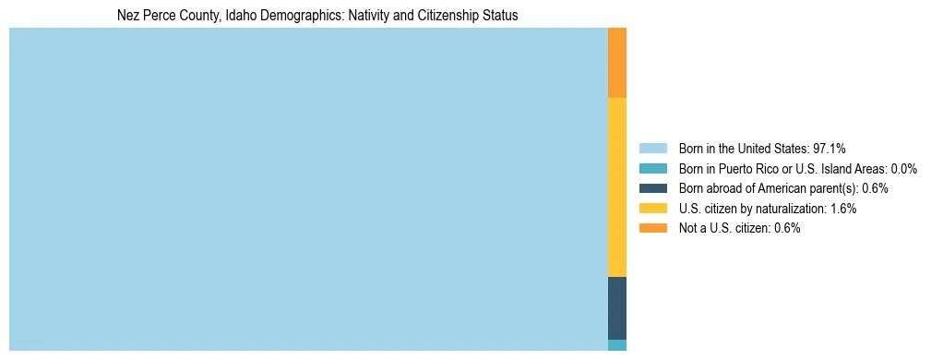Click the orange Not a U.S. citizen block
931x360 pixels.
[616, 63]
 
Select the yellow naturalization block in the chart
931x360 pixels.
[616, 186]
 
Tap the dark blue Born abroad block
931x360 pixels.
[616, 307]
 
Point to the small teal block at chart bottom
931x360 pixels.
[616, 345]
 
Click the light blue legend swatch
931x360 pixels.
[652, 149]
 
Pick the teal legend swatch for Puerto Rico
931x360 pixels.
[652, 169]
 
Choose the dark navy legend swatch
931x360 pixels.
[652, 188]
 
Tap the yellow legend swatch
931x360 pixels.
[652, 209]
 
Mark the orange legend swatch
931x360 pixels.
[652, 228]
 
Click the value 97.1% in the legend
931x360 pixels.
[829, 149]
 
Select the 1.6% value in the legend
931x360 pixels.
[841, 209]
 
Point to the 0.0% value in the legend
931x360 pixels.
[902, 169]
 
